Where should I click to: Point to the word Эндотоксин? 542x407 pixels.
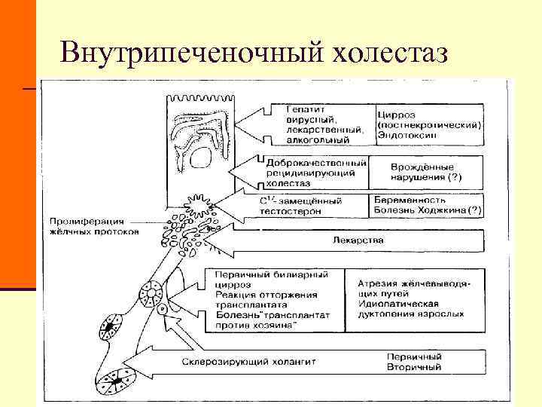[408, 135]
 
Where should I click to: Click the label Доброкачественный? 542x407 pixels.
[315, 163]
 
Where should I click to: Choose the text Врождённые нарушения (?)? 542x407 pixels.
[426, 172]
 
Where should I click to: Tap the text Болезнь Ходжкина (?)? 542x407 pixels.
[428, 211]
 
